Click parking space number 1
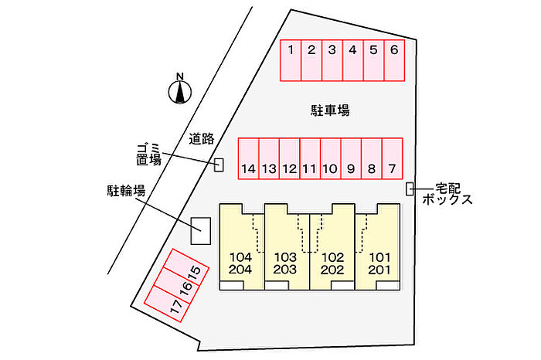[x=290, y=59]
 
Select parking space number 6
[x=393, y=59]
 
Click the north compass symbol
[x=180, y=90]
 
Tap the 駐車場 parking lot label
[x=325, y=111]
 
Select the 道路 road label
[x=202, y=139]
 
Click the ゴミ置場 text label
[x=148, y=154]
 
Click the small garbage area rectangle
[x=219, y=165]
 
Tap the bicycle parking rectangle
[x=201, y=230]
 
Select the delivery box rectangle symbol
[x=410, y=188]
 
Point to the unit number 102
[x=332, y=256]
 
